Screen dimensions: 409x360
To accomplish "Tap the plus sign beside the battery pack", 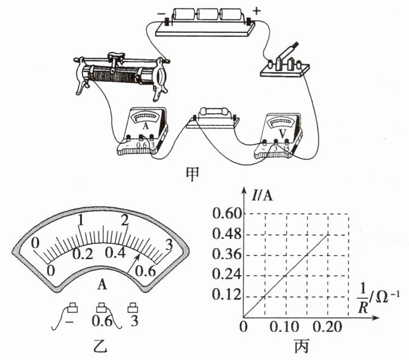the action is pyautogui.click(x=257, y=11).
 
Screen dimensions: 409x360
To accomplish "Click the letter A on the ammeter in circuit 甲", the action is pyautogui.click(x=146, y=126).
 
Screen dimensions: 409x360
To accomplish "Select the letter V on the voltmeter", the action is pyautogui.click(x=282, y=134).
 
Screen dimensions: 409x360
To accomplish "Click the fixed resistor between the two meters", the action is pyautogui.click(x=214, y=112).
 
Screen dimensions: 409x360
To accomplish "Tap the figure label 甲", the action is pyautogui.click(x=192, y=174).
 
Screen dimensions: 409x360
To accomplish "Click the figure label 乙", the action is pyautogui.click(x=100, y=346).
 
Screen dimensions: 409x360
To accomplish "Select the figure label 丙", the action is pyautogui.click(x=301, y=346).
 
